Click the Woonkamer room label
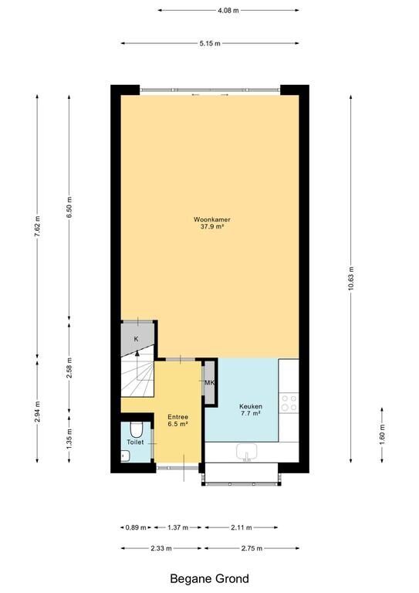(x=212, y=219)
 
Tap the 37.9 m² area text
(x=212, y=227)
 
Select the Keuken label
(x=251, y=406)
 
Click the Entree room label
(x=178, y=417)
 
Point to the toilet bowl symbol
(x=136, y=429)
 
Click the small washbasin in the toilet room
(x=125, y=456)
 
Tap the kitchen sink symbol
(x=247, y=452)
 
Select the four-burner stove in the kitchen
(x=289, y=403)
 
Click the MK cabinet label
(x=209, y=383)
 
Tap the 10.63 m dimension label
(x=351, y=278)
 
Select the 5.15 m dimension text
(x=210, y=43)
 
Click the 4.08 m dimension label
(x=228, y=11)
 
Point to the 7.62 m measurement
(x=37, y=226)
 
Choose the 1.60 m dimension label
(x=382, y=435)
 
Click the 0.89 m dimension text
(x=136, y=527)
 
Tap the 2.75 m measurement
(x=252, y=548)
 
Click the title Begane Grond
(x=209, y=578)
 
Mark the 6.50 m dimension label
(x=69, y=208)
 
